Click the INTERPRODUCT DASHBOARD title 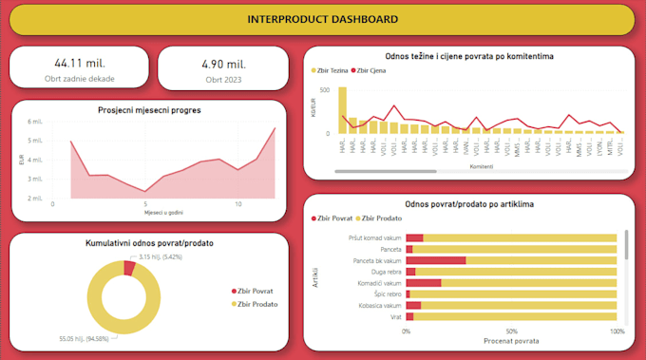click(322, 19)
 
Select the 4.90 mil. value click(223, 64)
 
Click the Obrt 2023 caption click(223, 79)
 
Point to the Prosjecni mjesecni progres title click(147, 110)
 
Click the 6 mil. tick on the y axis click(36, 122)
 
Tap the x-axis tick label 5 click(145, 203)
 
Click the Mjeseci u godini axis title click(147, 212)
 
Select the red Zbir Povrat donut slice click(129, 268)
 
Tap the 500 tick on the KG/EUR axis click(325, 90)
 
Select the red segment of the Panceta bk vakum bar click(435, 259)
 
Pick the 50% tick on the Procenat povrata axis click(512, 331)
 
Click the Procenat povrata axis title click(512, 340)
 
